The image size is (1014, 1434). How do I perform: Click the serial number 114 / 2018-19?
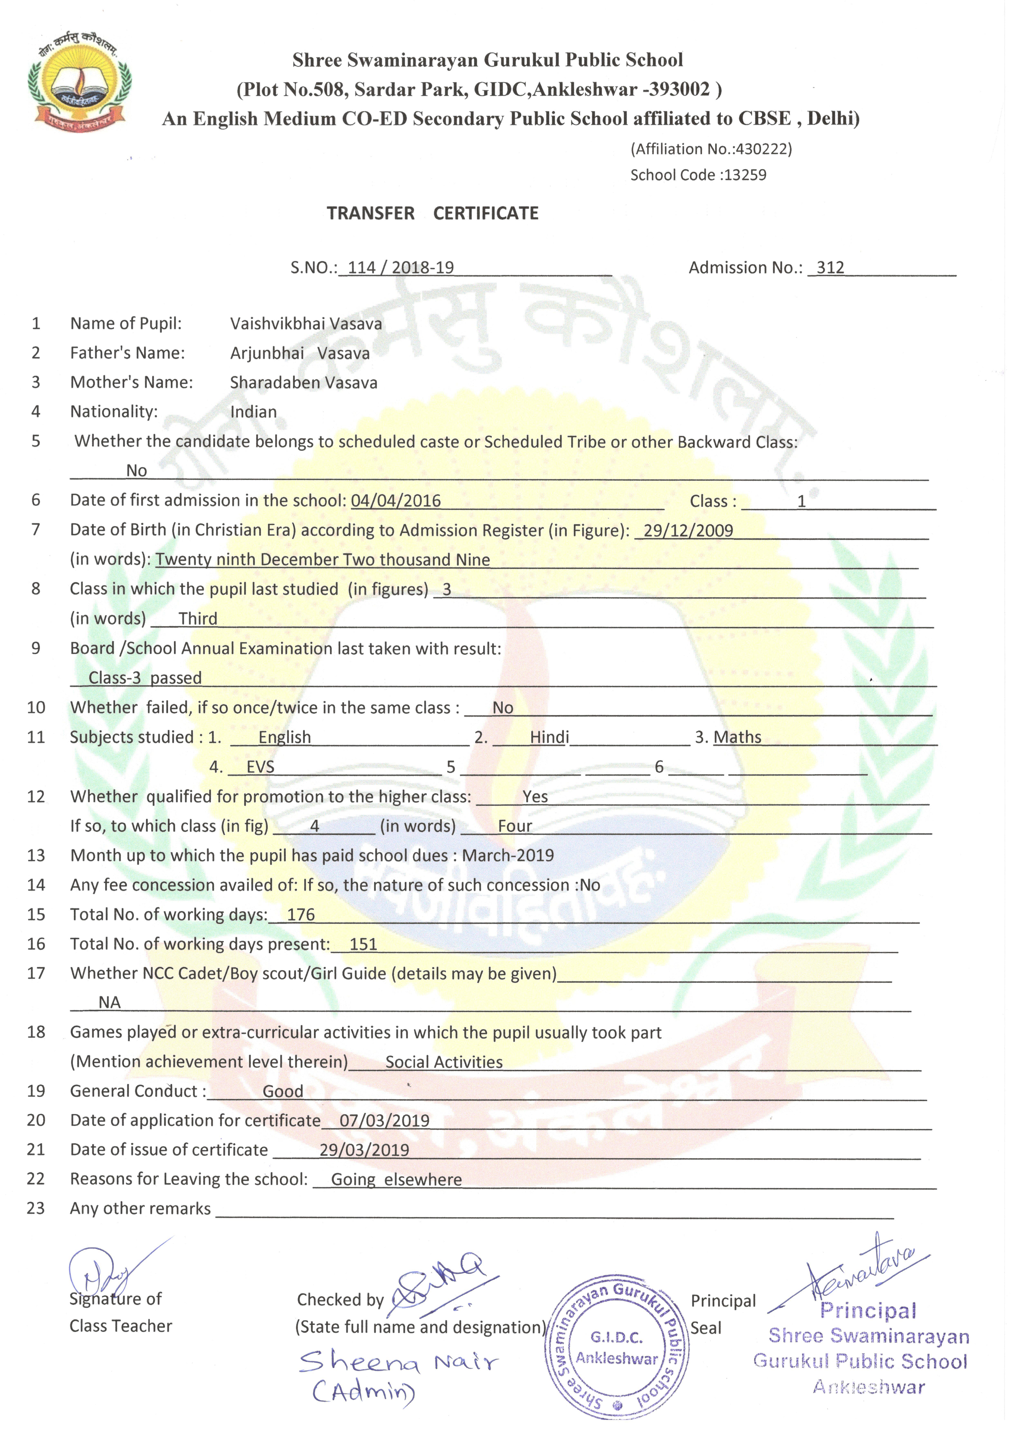(400, 268)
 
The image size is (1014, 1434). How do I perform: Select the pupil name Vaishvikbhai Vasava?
(306, 323)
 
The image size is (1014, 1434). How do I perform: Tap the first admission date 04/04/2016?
(396, 501)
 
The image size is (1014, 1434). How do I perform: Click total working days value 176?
(301, 915)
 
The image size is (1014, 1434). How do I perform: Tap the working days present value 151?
(363, 944)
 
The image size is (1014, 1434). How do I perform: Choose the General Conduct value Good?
(283, 1092)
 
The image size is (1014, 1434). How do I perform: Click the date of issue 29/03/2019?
(364, 1150)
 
